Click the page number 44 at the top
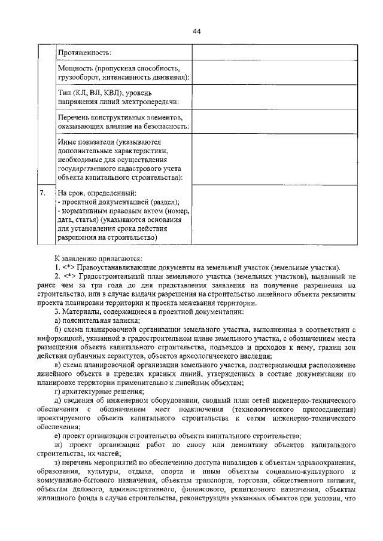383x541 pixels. coord(197,32)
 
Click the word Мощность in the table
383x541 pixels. coord(76,69)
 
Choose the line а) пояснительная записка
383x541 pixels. coord(96,321)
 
